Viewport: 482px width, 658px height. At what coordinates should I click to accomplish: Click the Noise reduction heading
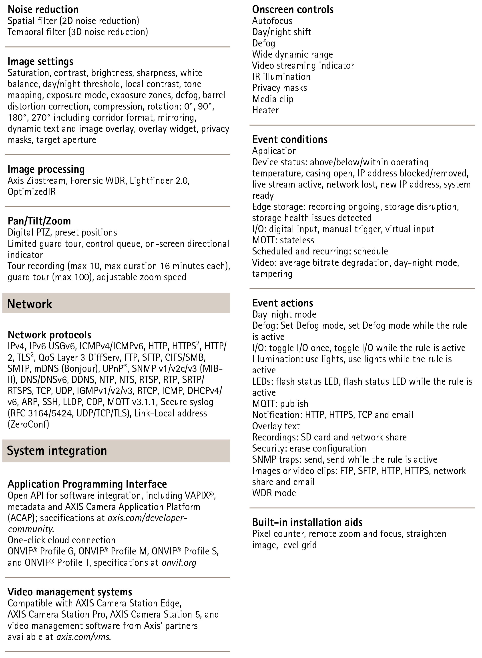(43, 10)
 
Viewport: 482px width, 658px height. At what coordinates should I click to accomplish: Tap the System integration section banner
(116, 451)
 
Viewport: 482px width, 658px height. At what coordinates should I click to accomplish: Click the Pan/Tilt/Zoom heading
(39, 221)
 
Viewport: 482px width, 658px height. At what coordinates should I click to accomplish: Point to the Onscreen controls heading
(293, 10)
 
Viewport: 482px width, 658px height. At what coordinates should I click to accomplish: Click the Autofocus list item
(272, 21)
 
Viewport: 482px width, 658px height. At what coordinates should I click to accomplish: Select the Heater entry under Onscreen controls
(265, 110)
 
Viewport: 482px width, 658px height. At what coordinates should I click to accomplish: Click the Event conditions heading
(290, 140)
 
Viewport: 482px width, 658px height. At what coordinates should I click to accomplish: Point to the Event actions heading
(282, 303)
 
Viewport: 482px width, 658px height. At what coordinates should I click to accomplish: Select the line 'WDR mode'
(274, 493)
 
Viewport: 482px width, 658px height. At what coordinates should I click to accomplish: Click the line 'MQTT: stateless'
(283, 240)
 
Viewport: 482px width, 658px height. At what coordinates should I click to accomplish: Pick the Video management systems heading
(70, 592)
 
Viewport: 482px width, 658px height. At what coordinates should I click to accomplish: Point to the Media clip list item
(273, 99)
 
